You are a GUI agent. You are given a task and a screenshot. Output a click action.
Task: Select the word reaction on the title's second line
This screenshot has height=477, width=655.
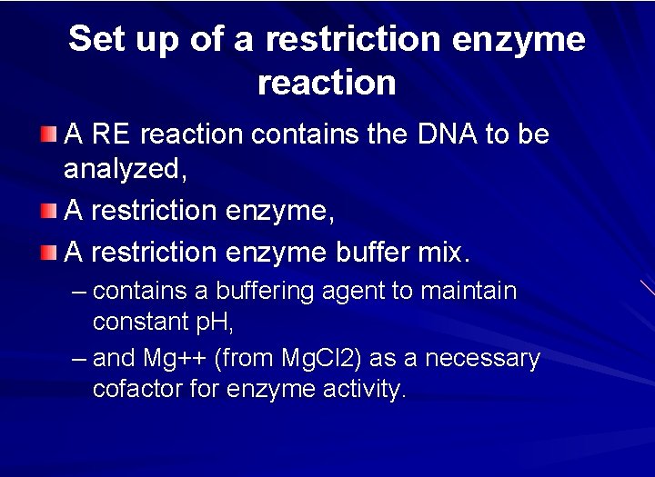point(327,83)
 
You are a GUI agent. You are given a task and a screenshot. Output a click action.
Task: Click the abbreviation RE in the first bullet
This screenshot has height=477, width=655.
point(110,134)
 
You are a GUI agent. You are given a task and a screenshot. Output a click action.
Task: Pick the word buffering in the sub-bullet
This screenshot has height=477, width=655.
point(249,292)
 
